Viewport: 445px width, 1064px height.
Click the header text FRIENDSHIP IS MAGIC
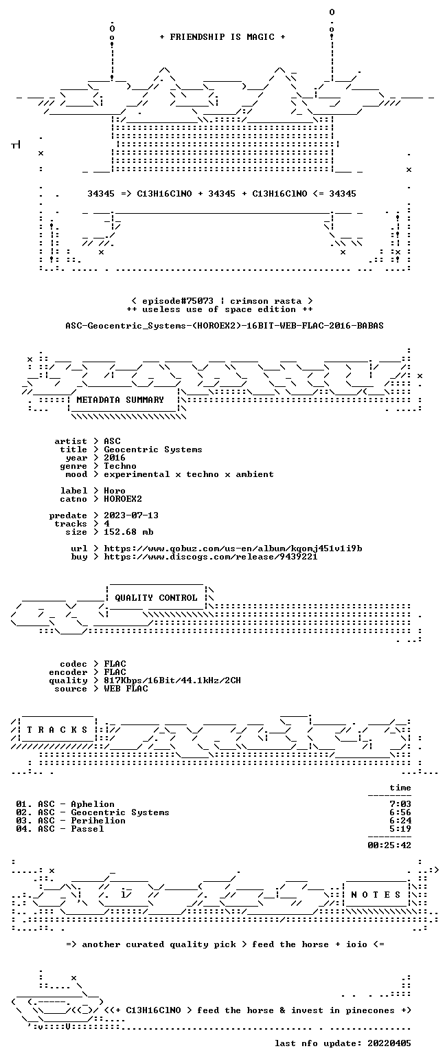click(x=223, y=37)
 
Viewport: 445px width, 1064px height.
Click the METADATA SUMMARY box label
click(x=120, y=400)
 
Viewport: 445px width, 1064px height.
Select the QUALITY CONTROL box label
click(x=156, y=597)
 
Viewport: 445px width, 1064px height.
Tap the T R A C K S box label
click(x=58, y=729)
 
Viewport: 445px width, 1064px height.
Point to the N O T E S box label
click(x=376, y=894)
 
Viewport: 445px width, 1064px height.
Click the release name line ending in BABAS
click(x=225, y=326)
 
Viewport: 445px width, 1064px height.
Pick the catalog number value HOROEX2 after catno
click(x=123, y=499)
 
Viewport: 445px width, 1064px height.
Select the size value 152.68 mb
click(x=128, y=532)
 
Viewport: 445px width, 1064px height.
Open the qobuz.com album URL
click(x=233, y=548)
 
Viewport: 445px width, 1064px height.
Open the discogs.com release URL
click(x=211, y=557)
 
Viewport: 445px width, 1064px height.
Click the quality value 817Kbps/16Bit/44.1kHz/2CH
click(x=172, y=680)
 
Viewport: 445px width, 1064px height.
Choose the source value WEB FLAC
click(x=126, y=688)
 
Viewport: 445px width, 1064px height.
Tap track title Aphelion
click(x=93, y=803)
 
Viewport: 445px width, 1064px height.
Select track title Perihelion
click(x=98, y=820)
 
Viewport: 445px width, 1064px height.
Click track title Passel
click(x=87, y=829)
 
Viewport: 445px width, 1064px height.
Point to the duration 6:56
click(x=400, y=812)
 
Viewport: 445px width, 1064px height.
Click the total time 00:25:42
click(x=389, y=845)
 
